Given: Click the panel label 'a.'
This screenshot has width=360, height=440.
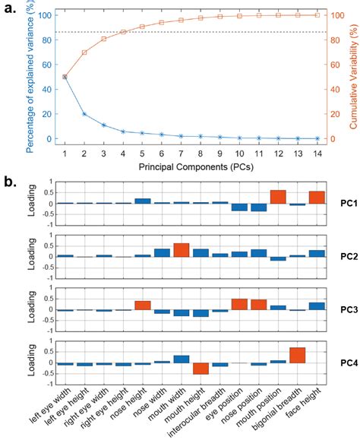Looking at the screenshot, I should click(11, 9).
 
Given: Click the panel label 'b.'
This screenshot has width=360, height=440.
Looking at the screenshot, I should click(11, 182).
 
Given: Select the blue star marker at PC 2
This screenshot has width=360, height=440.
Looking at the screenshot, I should click(84, 114).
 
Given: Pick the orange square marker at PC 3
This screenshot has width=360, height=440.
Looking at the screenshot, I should click(104, 39).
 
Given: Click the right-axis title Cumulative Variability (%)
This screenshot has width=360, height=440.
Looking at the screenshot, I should click(352, 76).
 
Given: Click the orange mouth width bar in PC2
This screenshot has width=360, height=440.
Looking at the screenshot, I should click(182, 250).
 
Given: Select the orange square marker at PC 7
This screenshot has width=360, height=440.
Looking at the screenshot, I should click(182, 20).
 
